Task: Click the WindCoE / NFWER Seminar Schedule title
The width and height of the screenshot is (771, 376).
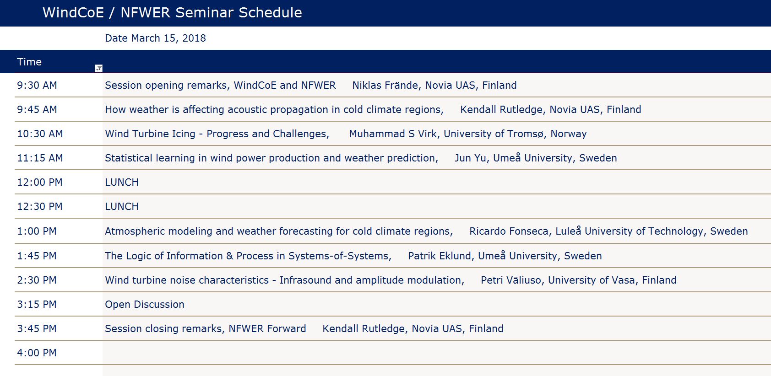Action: (172, 13)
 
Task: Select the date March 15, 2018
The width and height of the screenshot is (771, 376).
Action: (155, 38)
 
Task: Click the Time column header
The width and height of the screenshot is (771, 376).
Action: (29, 62)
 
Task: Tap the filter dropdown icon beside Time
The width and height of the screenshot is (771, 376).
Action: (98, 69)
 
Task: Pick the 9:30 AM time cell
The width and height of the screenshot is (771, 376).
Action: (37, 86)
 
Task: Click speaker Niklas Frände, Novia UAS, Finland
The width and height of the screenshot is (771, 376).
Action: (434, 86)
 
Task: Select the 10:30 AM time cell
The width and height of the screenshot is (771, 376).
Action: (40, 134)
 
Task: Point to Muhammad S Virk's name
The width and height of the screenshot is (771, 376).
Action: (393, 134)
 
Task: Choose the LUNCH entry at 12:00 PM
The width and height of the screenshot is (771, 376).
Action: (121, 183)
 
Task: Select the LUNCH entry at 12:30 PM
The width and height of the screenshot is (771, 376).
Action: (121, 206)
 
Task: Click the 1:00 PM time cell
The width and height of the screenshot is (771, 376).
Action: (37, 231)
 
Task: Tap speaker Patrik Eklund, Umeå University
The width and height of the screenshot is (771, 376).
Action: (505, 256)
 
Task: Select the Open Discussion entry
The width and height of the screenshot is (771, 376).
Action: (145, 305)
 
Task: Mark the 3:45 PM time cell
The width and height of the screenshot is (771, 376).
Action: (37, 328)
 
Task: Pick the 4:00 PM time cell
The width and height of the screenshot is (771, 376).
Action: (37, 353)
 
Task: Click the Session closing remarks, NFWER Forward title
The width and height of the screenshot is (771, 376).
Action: (206, 328)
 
